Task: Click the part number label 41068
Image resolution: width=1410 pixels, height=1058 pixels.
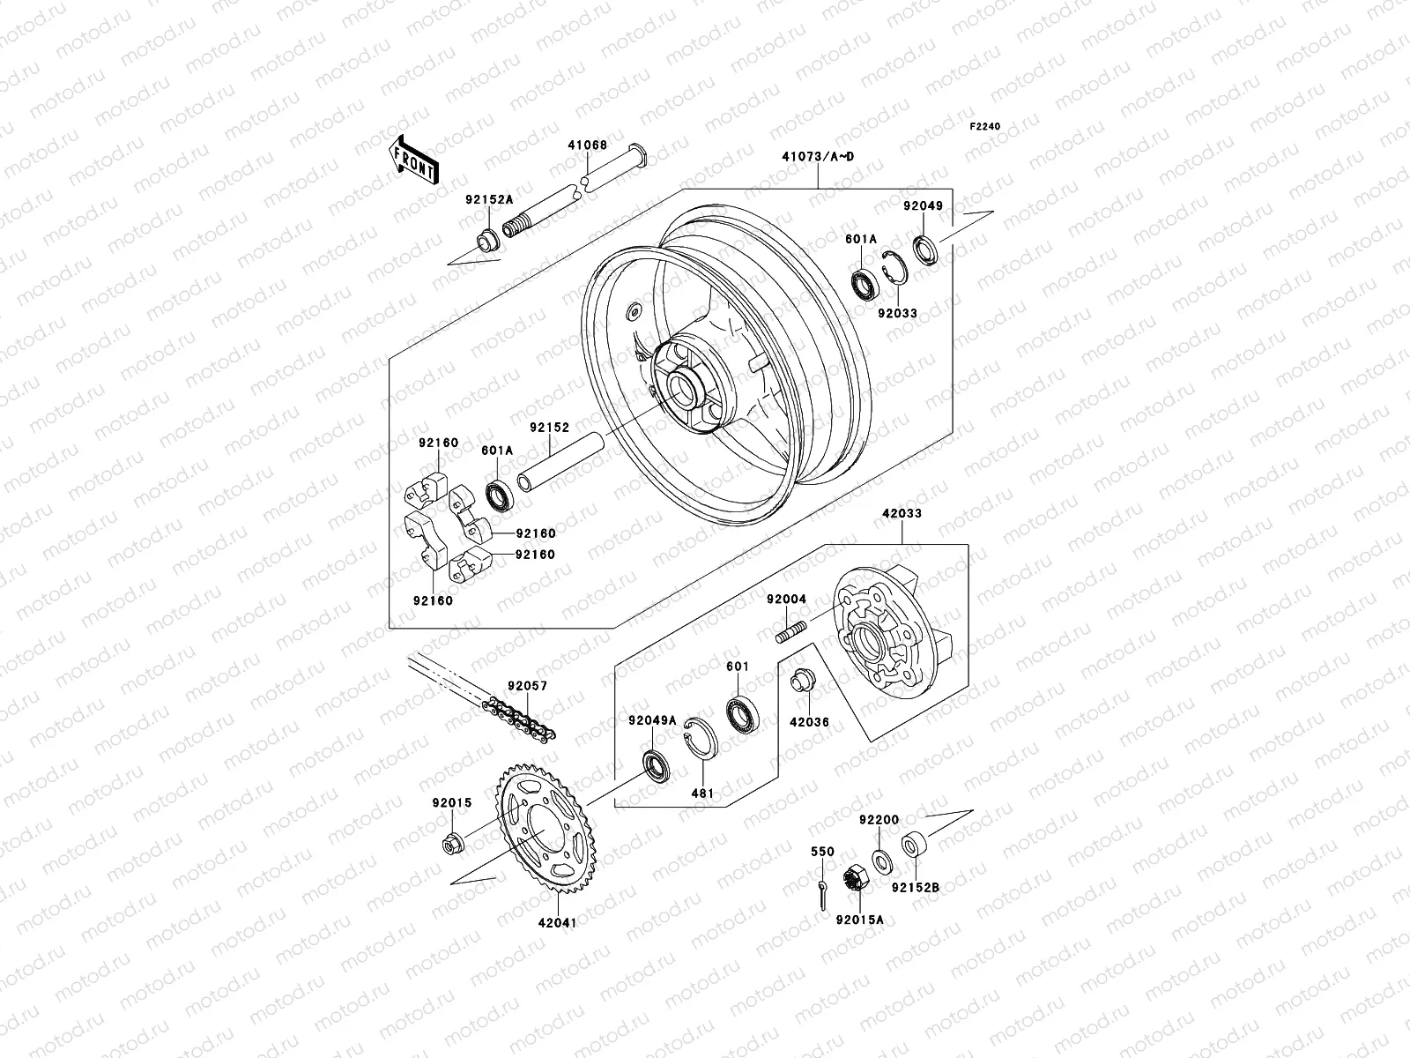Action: [x=586, y=143]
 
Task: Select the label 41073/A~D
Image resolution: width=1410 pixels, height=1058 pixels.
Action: [x=817, y=157]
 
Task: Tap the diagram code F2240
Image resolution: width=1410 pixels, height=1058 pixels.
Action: [x=985, y=127]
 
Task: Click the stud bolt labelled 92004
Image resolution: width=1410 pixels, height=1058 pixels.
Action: [x=792, y=633]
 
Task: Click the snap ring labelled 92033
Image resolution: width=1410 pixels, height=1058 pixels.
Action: [x=893, y=267]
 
